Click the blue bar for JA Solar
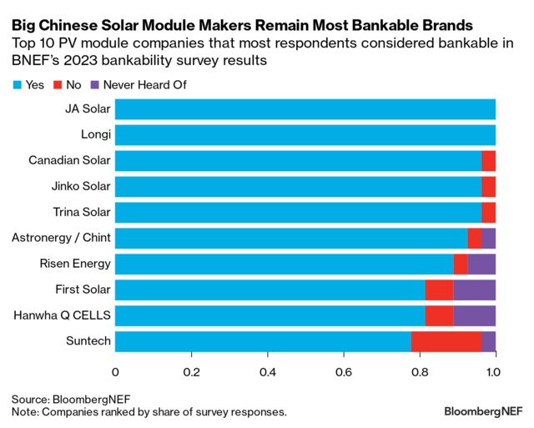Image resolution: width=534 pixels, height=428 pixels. [305, 109]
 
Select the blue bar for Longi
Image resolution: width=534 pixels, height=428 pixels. [305, 135]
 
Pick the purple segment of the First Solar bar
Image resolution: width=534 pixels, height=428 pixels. [474, 290]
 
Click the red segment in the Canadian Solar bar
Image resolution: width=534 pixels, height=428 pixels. [488, 161]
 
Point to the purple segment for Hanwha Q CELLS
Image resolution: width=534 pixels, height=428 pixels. [474, 316]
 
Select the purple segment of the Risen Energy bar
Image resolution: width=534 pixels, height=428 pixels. [481, 264]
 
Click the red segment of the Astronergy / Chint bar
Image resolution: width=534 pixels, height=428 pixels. [474, 239]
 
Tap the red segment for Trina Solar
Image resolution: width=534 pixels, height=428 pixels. [488, 213]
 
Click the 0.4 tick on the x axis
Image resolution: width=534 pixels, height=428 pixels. [267, 372]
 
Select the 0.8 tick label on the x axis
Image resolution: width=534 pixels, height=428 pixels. [420, 372]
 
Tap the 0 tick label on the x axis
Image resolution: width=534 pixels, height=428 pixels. [115, 372]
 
